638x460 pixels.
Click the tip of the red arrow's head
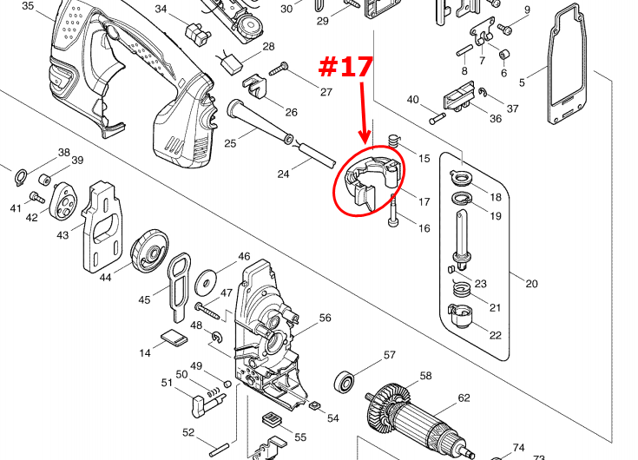365,142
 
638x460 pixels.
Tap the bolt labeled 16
393,211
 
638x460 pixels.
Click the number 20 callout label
531,284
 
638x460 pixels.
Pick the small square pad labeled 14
174,338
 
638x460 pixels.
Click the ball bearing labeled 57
345,382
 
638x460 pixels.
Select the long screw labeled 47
207,311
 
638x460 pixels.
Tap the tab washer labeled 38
20,177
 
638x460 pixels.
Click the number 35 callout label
28,6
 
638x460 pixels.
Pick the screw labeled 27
280,69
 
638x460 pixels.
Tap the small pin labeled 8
464,51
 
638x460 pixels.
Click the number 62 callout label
464,398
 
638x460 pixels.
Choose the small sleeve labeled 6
504,54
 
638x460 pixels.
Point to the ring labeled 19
462,199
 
